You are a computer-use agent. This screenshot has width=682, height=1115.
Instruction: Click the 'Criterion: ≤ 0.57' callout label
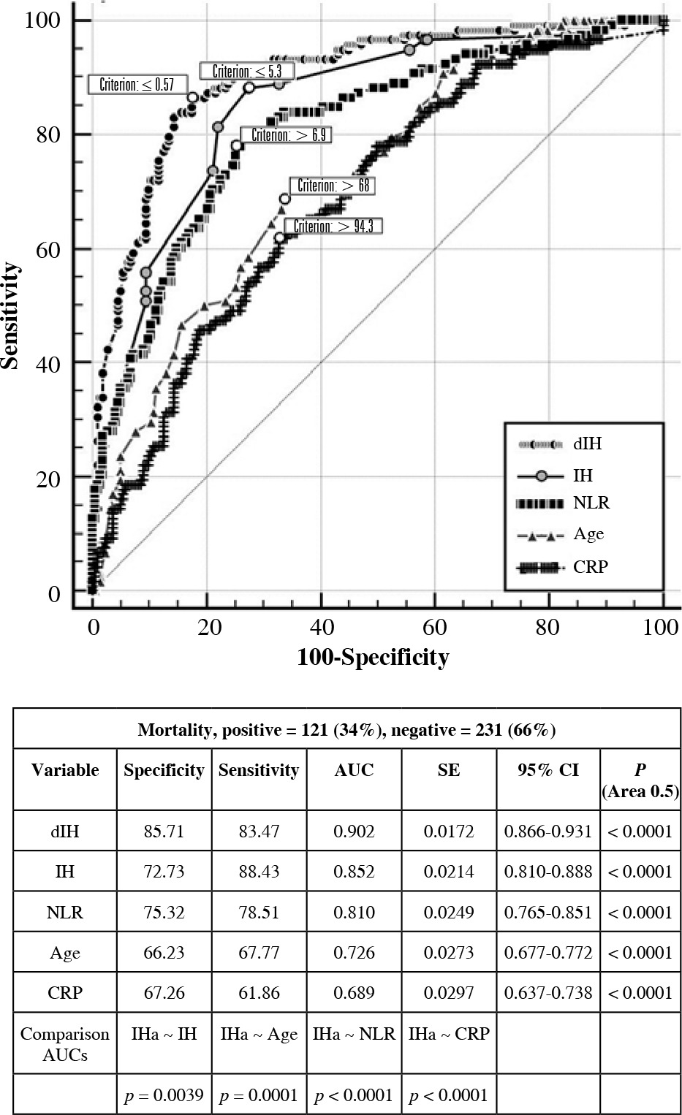coord(137,85)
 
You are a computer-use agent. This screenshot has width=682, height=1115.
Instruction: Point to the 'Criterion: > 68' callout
coord(333,186)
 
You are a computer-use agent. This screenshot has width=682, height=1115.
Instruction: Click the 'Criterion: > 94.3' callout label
coord(333,227)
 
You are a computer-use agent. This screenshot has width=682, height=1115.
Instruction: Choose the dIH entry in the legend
coord(587,444)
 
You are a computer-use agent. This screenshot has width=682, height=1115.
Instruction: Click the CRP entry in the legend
coord(590,566)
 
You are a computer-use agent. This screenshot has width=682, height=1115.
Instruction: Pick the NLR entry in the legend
coord(591,503)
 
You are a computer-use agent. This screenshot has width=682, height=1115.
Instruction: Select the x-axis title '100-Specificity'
coord(373,657)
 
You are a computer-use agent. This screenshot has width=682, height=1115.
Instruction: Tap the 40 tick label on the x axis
coord(322,627)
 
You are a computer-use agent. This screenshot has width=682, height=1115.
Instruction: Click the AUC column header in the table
coord(354,770)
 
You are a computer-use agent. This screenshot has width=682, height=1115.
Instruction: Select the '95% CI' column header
coord(548,770)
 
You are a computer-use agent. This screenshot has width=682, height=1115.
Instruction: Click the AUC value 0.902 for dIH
coord(354,832)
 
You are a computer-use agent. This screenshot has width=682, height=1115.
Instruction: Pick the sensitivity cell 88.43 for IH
coord(259,872)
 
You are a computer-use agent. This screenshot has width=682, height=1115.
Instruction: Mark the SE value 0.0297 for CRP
coord(449,993)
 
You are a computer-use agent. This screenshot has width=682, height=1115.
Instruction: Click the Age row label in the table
coord(65,953)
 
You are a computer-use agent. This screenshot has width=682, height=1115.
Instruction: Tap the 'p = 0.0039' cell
coord(164,1095)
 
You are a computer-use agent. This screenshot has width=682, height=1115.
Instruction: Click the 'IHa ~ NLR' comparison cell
coord(354,1034)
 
